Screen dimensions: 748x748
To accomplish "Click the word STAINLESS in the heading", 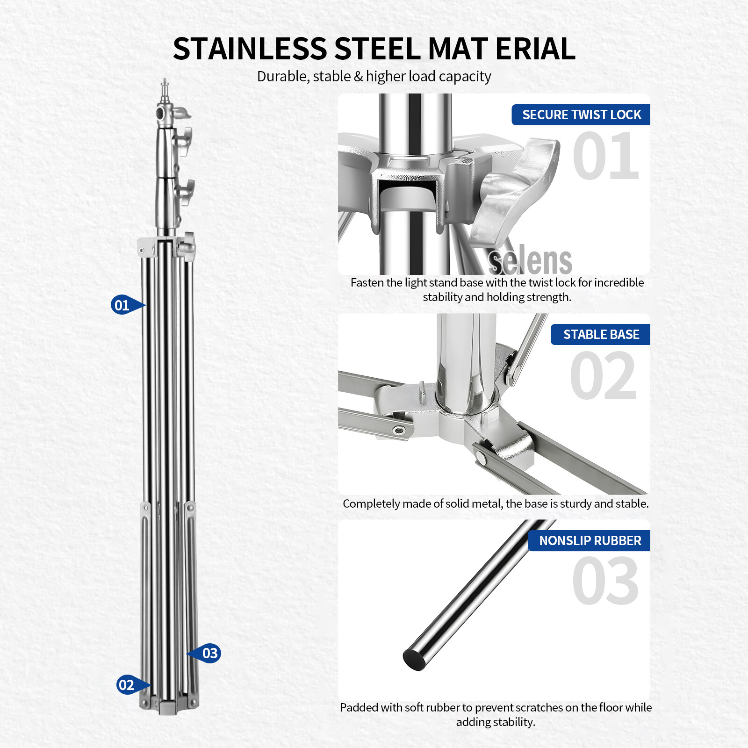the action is point(250,49).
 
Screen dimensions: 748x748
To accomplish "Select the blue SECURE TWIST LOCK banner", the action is point(581,115).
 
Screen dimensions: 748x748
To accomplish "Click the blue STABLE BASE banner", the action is point(601,334).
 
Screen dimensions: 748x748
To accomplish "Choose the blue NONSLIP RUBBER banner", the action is point(590,540).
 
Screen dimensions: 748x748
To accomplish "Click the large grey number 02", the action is point(604,376).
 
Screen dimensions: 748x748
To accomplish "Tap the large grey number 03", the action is point(605,581).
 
